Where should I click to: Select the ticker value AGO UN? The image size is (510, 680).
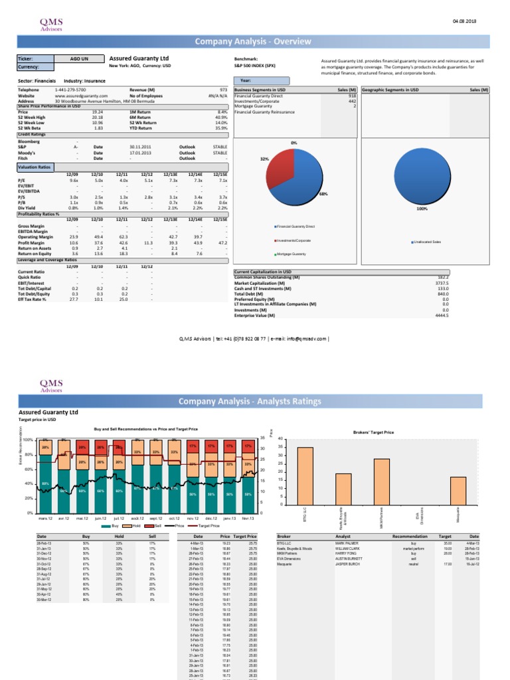click(80, 59)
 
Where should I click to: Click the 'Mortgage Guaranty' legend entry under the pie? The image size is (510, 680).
click(292, 254)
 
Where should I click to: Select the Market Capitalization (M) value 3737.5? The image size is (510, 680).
click(441, 282)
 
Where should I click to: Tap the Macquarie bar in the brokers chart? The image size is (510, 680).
click(458, 491)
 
